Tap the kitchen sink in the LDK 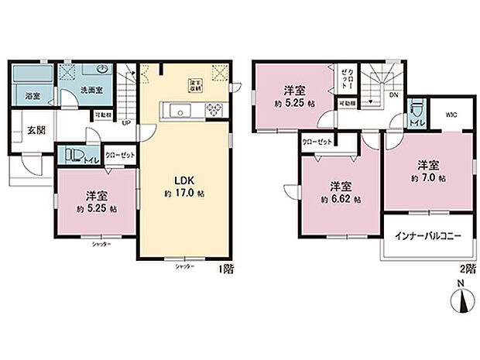179,111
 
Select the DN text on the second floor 393,96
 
